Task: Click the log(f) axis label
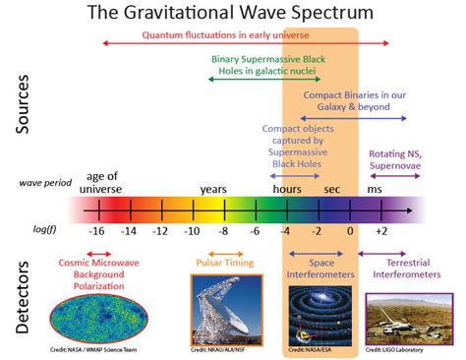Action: point(46,228)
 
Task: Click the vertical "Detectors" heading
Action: point(27,296)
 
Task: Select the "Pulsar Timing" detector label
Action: point(221,263)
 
